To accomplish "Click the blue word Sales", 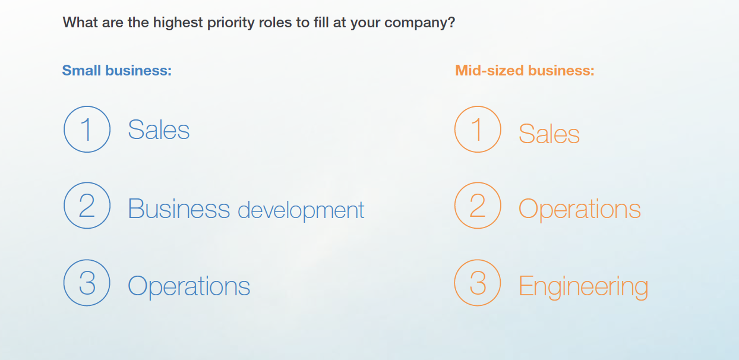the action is (x=159, y=130).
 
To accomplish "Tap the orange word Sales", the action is (x=549, y=134).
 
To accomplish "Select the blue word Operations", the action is (x=189, y=286).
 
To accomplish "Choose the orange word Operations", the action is (x=580, y=209).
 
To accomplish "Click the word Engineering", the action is (x=583, y=287).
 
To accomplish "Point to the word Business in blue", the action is (x=179, y=209).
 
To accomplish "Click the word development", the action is (x=301, y=210).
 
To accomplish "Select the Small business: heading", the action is (x=117, y=70).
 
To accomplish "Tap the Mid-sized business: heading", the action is (x=525, y=70).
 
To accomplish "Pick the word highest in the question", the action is (x=178, y=23).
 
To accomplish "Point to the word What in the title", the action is (x=81, y=23).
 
